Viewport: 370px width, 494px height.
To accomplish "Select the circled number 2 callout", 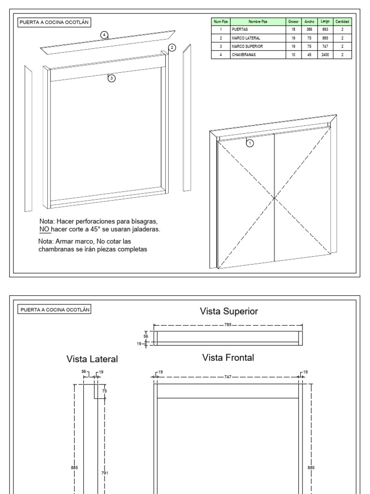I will pos(172,47).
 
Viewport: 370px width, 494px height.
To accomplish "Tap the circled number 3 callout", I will pos(112,79).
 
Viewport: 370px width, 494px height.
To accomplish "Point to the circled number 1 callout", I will pos(250,142).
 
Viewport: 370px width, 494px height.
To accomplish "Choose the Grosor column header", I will pos(293,21).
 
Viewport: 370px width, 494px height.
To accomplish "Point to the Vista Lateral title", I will pos(93,359).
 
